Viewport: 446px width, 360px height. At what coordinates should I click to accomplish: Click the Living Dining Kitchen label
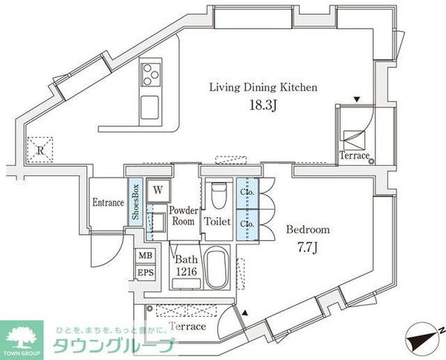point(263,87)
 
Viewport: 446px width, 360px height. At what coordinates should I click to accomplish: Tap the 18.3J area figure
point(263,106)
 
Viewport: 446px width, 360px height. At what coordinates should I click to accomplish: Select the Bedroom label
point(308,229)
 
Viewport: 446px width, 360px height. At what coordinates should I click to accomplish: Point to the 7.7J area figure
point(307,248)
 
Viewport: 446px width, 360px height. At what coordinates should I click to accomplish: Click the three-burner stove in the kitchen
point(150,75)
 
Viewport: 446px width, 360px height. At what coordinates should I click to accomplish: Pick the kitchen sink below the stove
point(150,107)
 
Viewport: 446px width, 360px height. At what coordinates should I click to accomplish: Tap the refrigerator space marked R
point(40,150)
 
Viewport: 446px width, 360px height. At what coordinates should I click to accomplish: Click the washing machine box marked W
point(158,190)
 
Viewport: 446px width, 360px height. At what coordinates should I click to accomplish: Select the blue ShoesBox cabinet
point(135,202)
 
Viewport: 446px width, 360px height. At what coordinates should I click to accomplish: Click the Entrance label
point(109,202)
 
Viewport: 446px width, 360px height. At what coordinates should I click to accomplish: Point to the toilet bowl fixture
point(219,194)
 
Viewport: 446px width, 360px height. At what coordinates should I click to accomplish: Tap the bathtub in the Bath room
point(217,268)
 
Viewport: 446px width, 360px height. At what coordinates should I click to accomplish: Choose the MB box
point(146,256)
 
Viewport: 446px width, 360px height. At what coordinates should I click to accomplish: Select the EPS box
point(146,272)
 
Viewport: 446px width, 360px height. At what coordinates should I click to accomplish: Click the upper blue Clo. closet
point(248,193)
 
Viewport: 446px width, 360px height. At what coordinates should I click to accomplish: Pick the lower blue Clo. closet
point(248,225)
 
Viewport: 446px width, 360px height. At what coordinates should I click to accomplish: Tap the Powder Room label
point(184,216)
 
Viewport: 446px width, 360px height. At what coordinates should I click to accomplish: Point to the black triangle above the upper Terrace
point(357,100)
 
